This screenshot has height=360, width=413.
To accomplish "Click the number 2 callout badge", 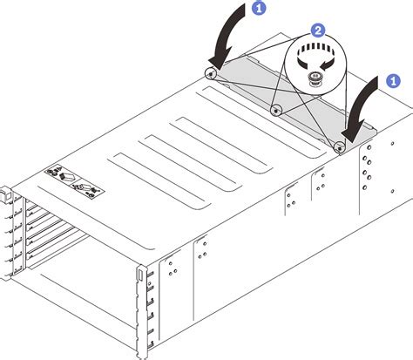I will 319,30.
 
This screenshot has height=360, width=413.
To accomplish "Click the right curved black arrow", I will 362,108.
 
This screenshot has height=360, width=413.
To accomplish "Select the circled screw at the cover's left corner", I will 210,73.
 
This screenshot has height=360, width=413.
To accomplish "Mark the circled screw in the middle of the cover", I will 275,110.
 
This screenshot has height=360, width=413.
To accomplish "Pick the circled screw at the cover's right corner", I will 340,146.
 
